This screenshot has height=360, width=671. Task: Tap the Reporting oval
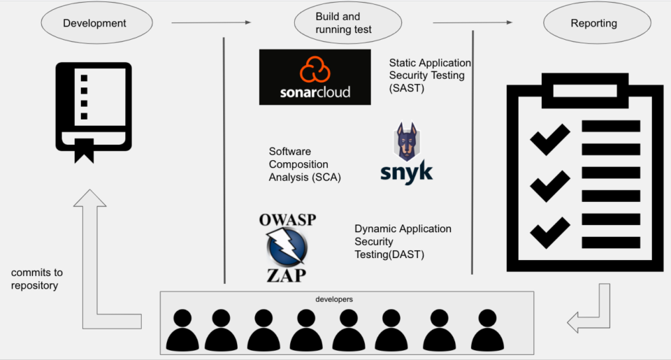pyautogui.click(x=593, y=23)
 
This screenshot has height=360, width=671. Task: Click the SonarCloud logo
pyautogui.click(x=315, y=77)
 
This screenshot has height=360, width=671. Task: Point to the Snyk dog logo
pyautogui.click(x=406, y=154)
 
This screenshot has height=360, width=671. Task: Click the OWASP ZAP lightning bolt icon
pyautogui.click(x=287, y=248)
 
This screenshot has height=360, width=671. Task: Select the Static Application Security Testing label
pyautogui.click(x=430, y=75)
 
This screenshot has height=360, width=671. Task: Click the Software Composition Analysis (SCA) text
pyautogui.click(x=305, y=164)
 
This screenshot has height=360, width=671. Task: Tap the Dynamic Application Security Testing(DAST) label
pyautogui.click(x=403, y=241)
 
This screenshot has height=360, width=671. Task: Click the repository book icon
pyautogui.click(x=94, y=108)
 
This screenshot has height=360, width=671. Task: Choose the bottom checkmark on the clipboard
pyautogui.click(x=550, y=231)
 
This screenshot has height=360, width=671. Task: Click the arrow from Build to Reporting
pyautogui.click(x=472, y=23)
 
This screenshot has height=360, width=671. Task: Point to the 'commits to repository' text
pyautogui.click(x=36, y=279)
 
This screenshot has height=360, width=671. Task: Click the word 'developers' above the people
pyautogui.click(x=334, y=299)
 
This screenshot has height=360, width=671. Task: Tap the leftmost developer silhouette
pyautogui.click(x=182, y=330)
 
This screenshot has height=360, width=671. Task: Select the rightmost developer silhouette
pyautogui.click(x=487, y=330)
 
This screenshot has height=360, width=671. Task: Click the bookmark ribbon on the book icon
pyautogui.click(x=85, y=150)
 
